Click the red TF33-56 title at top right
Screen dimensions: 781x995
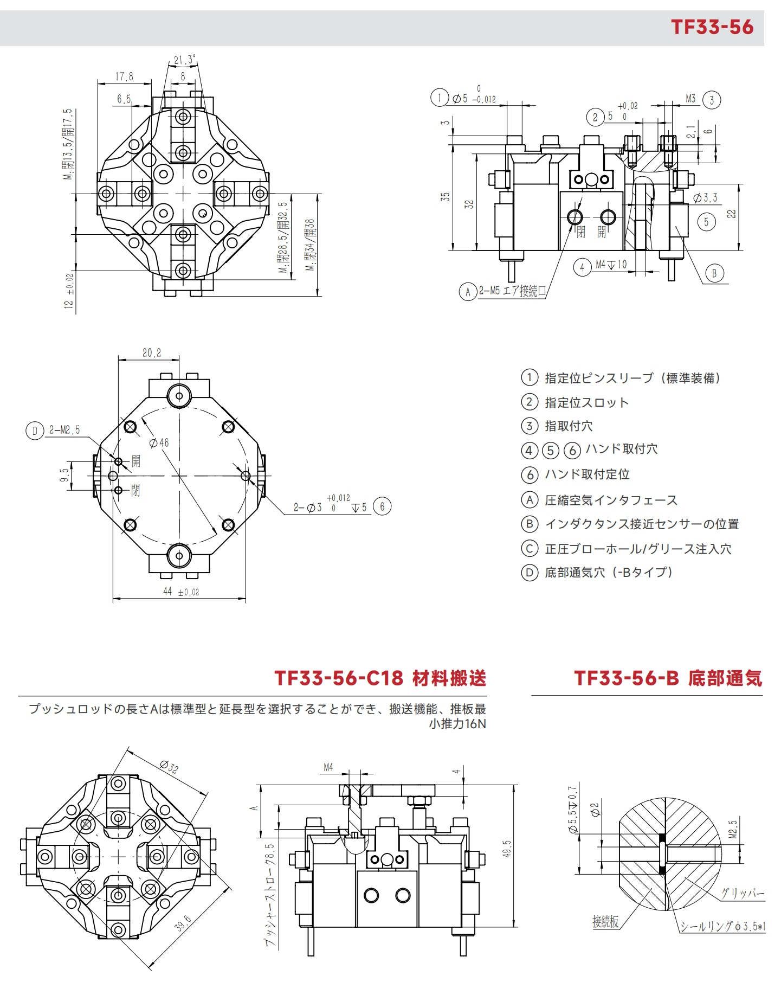pyautogui.click(x=712, y=27)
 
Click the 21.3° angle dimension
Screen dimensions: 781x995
pyautogui.click(x=184, y=60)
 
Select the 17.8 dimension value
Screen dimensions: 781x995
pyautogui.click(x=124, y=76)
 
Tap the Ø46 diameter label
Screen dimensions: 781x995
pyautogui.click(x=159, y=443)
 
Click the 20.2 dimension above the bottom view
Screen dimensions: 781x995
pyautogui.click(x=152, y=353)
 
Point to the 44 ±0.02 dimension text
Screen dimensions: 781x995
pyautogui.click(x=181, y=592)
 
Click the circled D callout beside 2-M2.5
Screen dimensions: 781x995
pyautogui.click(x=35, y=431)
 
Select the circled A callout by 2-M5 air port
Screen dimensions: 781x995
pyautogui.click(x=468, y=292)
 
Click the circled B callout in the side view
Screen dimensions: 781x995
pyautogui.click(x=714, y=273)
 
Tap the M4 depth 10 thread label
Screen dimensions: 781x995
pyautogui.click(x=611, y=265)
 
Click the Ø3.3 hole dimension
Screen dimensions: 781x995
pyautogui.click(x=705, y=198)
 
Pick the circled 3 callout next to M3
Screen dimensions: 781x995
pyautogui.click(x=712, y=100)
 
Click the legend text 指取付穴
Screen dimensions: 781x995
pyautogui.click(x=569, y=426)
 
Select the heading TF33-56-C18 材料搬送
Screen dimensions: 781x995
pyautogui.click(x=380, y=678)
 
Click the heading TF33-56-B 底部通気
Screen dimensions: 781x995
pyautogui.click(x=668, y=678)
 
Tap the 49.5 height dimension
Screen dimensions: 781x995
pyautogui.click(x=507, y=849)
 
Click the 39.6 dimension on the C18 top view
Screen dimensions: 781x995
pyautogui.click(x=183, y=923)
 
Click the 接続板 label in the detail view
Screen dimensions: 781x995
pyautogui.click(x=605, y=922)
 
